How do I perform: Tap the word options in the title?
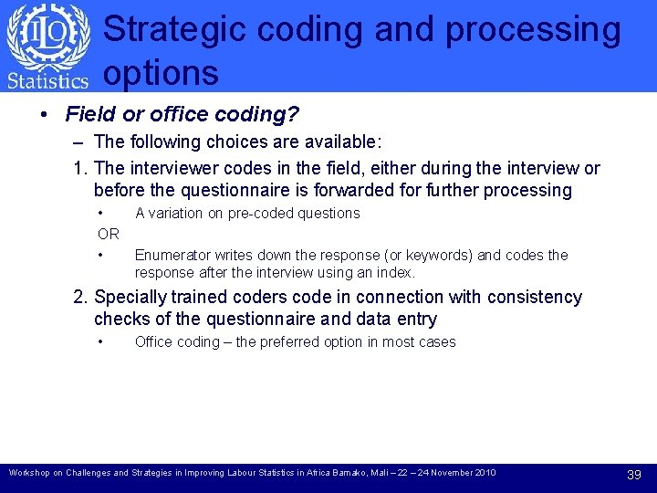(x=161, y=73)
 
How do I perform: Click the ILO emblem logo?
(x=47, y=36)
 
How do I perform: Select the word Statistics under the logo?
(x=47, y=80)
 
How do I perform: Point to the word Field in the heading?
(x=88, y=115)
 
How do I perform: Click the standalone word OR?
(x=108, y=234)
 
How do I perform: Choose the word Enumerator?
(x=172, y=256)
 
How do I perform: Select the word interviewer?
(x=172, y=169)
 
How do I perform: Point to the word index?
(x=397, y=273)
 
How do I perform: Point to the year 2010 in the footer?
(x=485, y=473)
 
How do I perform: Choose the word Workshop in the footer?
(x=30, y=473)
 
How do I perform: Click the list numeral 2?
(x=80, y=298)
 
